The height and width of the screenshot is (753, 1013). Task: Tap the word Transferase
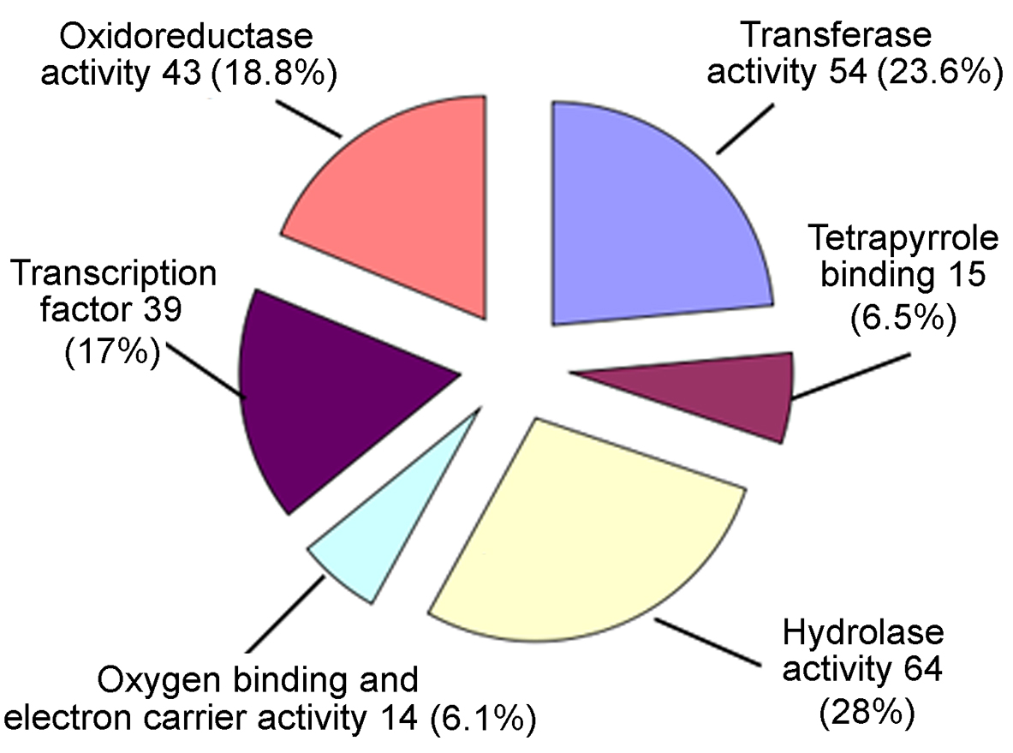tap(837, 34)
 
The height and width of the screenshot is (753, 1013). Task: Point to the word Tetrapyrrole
tap(903, 238)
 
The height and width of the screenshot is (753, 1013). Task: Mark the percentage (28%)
tap(867, 712)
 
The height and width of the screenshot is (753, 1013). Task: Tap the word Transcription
tap(114, 273)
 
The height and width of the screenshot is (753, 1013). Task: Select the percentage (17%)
tap(112, 352)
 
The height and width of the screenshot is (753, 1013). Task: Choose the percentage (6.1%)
tap(483, 719)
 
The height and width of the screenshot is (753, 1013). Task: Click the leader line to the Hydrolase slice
tap(707, 642)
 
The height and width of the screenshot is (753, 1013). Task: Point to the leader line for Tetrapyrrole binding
tap(851, 375)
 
